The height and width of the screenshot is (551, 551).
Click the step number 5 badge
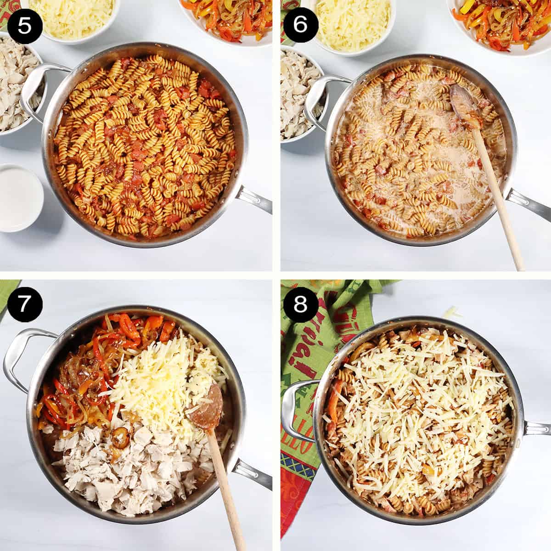click(x=25, y=24)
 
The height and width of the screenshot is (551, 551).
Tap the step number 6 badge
click(x=300, y=24)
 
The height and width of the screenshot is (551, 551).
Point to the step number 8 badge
click(x=300, y=304)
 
